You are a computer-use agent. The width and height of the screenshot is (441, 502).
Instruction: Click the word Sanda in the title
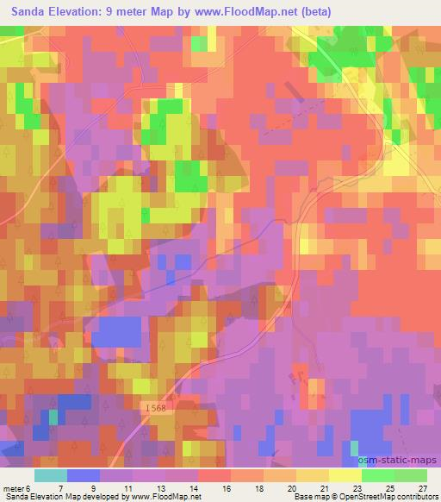pyautogui.click(x=28, y=11)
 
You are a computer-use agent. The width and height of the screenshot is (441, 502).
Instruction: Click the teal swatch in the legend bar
pyautogui.click(x=51, y=474)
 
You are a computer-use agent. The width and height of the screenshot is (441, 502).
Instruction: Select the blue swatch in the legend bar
pyautogui.click(x=84, y=474)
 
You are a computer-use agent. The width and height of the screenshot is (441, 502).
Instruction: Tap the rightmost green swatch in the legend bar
pyautogui.click(x=411, y=474)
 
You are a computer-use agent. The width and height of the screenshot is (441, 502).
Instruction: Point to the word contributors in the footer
pyautogui.click(x=415, y=497)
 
